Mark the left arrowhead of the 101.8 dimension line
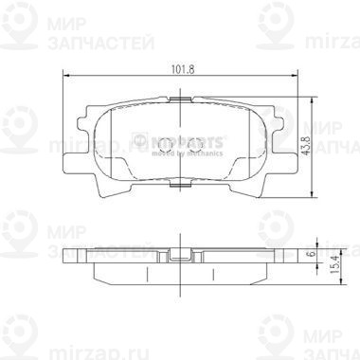[x=63, y=76]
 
